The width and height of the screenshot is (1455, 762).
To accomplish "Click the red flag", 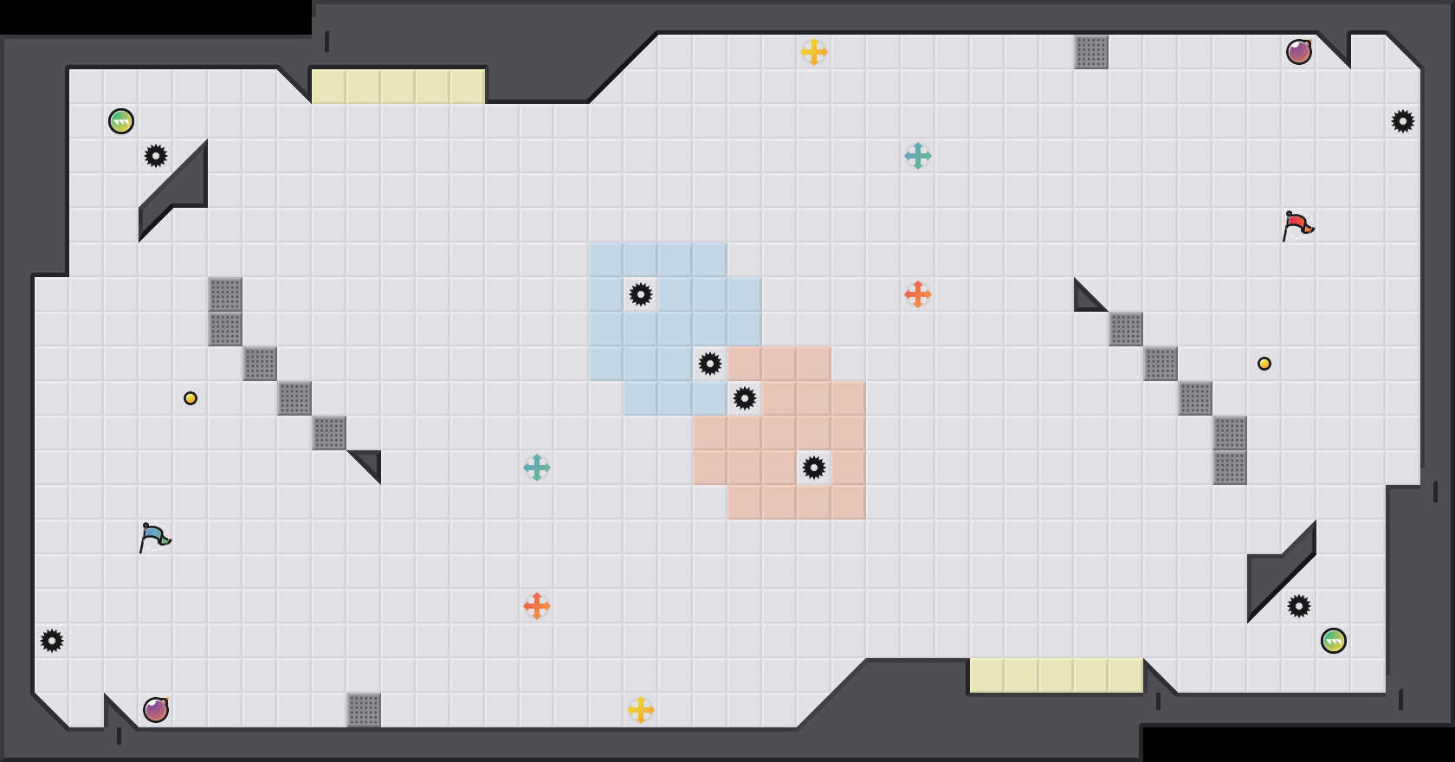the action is [1297, 226].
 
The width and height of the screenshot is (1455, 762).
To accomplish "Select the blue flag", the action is [154, 538].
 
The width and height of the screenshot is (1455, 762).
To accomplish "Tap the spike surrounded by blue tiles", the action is [641, 294].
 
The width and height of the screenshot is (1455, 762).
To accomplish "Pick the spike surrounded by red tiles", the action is [814, 468].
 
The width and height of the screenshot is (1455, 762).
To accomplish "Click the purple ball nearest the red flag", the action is [1299, 52].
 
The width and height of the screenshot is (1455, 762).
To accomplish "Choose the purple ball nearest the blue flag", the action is [156, 710].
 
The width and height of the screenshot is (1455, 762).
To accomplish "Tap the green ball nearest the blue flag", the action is [121, 121].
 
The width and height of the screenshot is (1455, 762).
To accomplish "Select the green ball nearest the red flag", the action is [1334, 641].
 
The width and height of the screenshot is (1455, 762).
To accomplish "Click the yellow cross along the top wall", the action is [814, 52].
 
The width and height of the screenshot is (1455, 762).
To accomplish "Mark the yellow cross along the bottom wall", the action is [641, 710].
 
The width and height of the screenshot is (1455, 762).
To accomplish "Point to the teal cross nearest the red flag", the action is [918, 156].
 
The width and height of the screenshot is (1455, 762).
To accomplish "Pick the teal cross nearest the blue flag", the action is [537, 468].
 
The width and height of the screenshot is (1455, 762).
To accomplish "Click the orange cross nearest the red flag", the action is [918, 294].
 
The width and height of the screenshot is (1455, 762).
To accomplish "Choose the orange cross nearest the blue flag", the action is [537, 606].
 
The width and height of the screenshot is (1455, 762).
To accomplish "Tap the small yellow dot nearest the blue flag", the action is [191, 398].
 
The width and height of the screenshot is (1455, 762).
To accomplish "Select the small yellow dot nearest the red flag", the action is [1264, 364].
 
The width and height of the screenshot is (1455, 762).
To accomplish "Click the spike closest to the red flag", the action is [1403, 121].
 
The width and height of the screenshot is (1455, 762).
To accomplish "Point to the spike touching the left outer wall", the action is [52, 641].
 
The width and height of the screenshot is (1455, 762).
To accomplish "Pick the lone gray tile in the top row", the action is [1091, 52].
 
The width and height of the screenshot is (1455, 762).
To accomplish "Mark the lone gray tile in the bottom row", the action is [364, 710].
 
